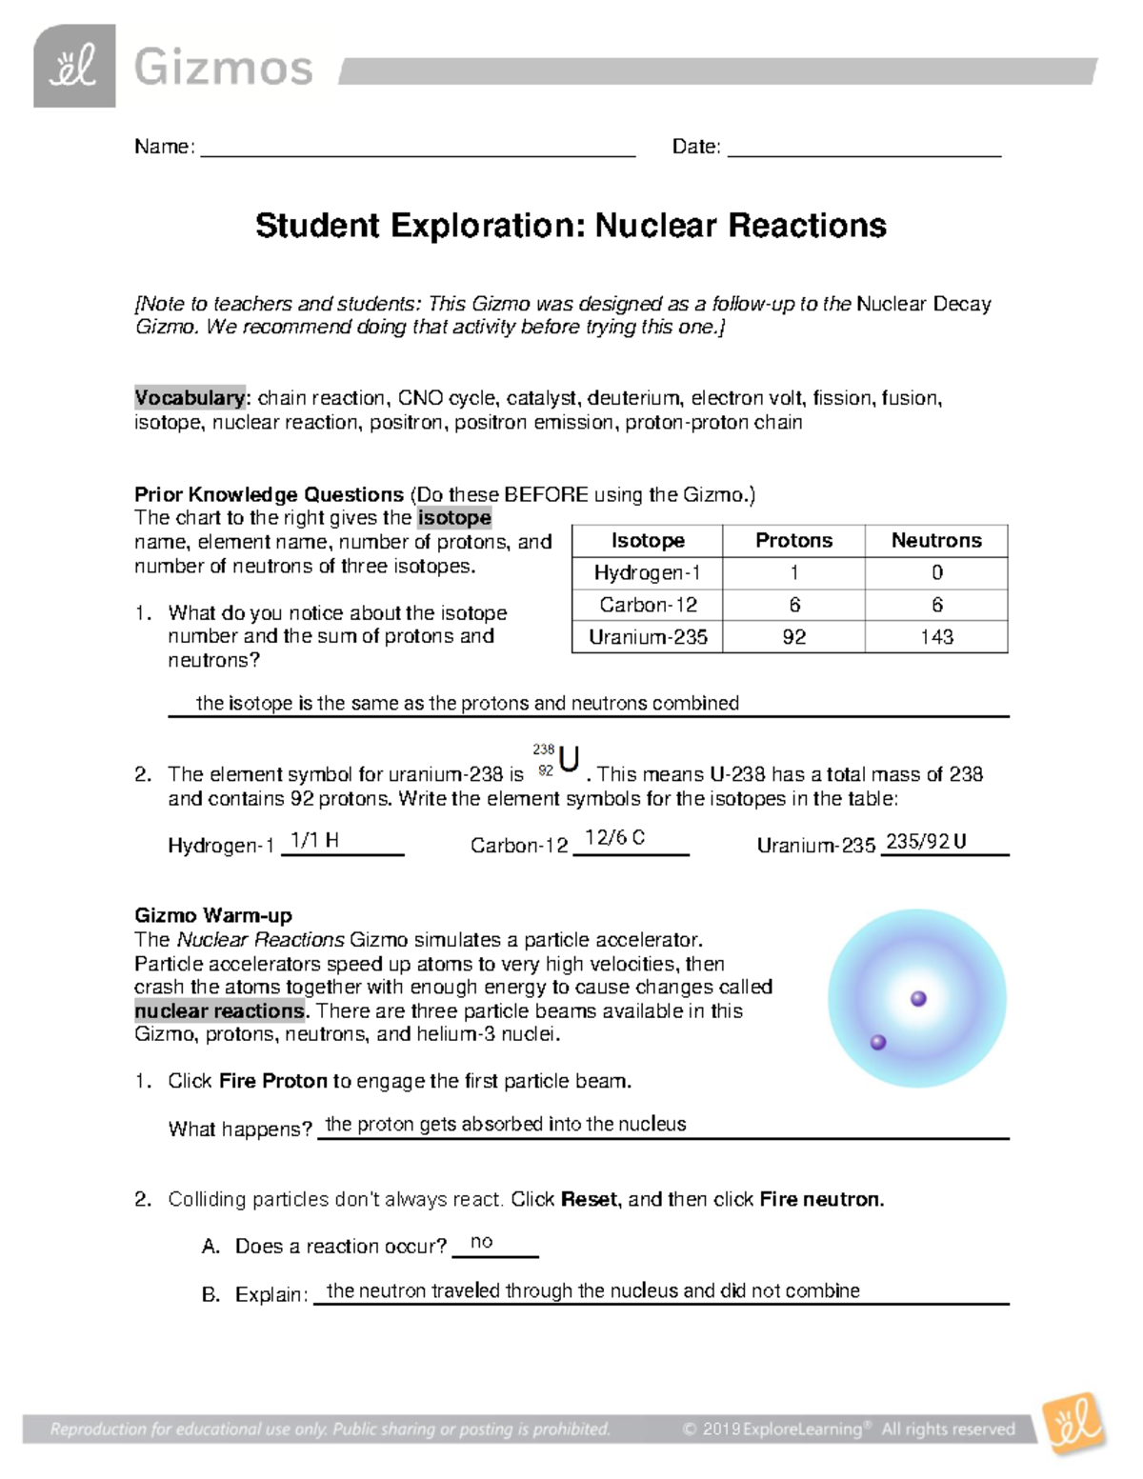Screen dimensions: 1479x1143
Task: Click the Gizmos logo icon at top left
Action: point(74,66)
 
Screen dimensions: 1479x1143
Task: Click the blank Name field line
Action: point(417,148)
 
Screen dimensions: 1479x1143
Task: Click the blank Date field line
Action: point(864,148)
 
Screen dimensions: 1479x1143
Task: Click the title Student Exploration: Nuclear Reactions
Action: point(571,226)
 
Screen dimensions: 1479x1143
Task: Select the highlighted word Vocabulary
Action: point(190,398)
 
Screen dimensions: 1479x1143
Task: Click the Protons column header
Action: point(793,541)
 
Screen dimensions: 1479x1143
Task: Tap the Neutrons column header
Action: point(935,541)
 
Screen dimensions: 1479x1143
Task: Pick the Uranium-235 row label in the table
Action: point(648,637)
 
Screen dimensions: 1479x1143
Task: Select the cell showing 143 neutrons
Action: point(936,637)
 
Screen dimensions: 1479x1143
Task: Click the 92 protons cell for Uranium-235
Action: point(793,637)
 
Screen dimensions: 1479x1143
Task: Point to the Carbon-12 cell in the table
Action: point(648,605)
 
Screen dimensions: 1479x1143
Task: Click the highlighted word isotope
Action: point(454,518)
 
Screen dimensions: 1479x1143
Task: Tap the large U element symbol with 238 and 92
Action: point(569,760)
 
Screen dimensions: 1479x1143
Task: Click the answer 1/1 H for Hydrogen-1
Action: point(314,840)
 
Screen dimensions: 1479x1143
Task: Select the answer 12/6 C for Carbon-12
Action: point(614,838)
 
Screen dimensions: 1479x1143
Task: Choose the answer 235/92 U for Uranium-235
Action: point(926,841)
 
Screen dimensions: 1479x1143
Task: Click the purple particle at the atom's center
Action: point(918,999)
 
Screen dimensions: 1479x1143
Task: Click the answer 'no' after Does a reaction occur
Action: point(482,1242)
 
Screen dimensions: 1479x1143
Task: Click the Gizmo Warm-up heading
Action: point(213,915)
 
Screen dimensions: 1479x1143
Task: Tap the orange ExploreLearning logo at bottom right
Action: point(1074,1424)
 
